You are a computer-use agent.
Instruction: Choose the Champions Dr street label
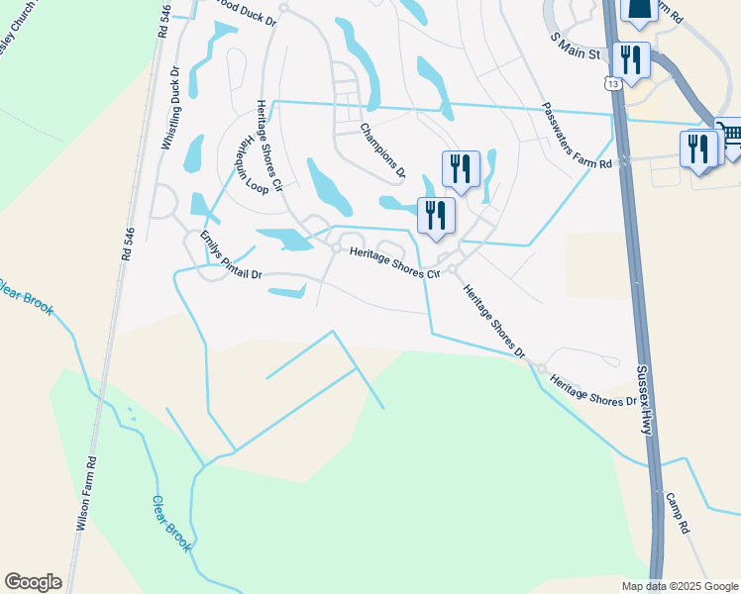click(x=382, y=149)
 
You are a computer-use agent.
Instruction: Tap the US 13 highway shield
click(x=616, y=85)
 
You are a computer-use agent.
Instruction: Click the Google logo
click(x=33, y=582)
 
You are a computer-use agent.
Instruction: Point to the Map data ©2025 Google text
click(x=680, y=586)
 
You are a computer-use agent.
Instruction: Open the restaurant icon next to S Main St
click(x=631, y=59)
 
